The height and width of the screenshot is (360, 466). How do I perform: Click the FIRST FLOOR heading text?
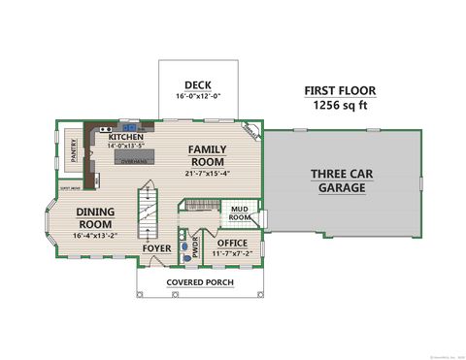pos(339,90)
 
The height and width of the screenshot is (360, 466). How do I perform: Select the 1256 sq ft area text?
pos(339,106)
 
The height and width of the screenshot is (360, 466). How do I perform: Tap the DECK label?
pos(197,85)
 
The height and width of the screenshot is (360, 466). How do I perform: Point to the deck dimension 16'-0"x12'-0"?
pos(198,96)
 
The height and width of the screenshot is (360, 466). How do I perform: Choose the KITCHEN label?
pos(125,137)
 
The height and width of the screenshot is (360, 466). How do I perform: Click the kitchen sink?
pos(128,127)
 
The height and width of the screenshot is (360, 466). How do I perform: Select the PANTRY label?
pos(74,149)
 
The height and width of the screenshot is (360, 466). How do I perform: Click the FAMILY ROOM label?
pos(207,155)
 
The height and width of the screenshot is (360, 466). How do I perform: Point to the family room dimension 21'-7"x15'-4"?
pos(207,173)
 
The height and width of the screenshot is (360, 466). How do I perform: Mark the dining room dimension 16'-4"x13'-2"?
pos(94,235)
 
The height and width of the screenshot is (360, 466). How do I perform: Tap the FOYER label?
pos(157,247)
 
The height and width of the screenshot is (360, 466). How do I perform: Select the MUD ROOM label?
pos(239,213)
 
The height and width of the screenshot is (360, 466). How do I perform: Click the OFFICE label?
pos(232,243)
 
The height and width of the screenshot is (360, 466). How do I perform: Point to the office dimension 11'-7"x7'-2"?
pos(232,253)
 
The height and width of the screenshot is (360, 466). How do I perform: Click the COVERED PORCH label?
pos(199,282)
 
